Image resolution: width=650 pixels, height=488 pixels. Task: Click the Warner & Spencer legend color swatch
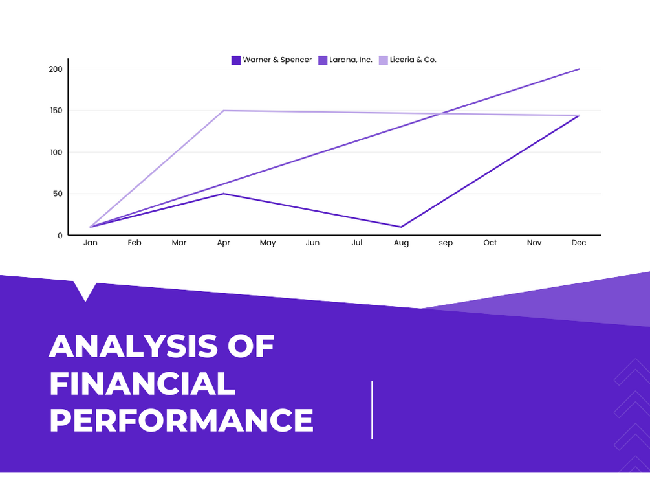tap(236, 60)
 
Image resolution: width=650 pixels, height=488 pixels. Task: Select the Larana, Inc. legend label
tap(351, 60)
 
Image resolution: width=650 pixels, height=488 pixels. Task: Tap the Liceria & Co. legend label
tap(413, 60)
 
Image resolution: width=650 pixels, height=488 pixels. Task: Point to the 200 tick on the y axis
tap(56, 69)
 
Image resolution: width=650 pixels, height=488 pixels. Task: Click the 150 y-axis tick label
tap(56, 111)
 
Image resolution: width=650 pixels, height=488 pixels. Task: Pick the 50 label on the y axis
tap(58, 194)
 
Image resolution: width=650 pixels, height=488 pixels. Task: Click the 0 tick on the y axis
tap(60, 236)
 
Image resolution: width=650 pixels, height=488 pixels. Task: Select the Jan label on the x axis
tap(91, 243)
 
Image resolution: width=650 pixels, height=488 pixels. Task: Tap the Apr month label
tap(223, 243)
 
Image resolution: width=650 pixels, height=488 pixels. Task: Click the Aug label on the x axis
tap(401, 243)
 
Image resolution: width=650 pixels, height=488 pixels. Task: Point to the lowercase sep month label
tap(446, 243)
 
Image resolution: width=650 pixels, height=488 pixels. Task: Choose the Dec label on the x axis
tap(579, 243)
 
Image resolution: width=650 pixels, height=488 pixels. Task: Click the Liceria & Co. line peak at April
tap(223, 111)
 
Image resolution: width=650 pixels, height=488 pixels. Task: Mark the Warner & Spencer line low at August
tap(401, 227)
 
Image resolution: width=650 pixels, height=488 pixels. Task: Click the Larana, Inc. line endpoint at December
tap(579, 69)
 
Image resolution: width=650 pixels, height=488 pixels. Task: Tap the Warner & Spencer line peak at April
tap(223, 194)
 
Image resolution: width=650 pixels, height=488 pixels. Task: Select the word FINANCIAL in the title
tap(142, 383)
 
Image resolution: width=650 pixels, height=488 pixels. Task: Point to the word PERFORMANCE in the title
tap(182, 420)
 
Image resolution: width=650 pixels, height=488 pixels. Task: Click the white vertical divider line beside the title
tap(373, 410)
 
